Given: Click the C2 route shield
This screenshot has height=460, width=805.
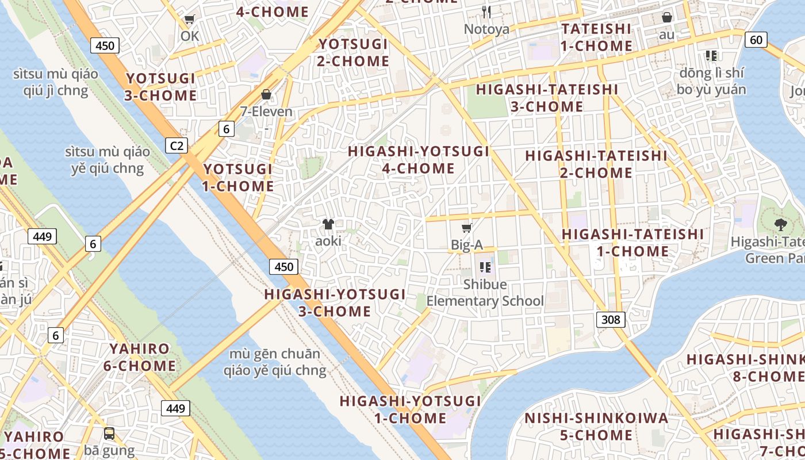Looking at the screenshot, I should [x=177, y=145].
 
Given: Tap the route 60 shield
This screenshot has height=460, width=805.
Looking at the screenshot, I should [x=756, y=40].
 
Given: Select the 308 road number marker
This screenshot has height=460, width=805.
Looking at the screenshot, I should [x=610, y=319].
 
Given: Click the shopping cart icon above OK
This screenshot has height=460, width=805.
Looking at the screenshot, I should [x=189, y=20].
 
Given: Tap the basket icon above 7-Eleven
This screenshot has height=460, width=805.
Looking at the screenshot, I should [x=266, y=94].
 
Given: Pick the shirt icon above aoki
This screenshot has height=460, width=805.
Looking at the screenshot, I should [x=328, y=224].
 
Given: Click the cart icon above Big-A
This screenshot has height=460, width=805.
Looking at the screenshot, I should [x=467, y=228].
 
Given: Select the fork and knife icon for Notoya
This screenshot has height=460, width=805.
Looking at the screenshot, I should [x=486, y=11].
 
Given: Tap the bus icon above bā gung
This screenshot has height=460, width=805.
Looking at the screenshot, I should [x=109, y=434].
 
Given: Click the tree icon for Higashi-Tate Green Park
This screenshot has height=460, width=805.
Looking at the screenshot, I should [x=780, y=225].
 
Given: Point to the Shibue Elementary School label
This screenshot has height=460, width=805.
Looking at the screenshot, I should [x=485, y=293].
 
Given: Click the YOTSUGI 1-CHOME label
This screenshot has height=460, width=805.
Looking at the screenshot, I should [x=237, y=178].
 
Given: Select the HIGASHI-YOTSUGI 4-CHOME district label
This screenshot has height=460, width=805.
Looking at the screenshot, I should [x=419, y=160].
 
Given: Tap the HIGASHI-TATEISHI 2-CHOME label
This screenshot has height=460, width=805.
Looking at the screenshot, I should [x=596, y=164].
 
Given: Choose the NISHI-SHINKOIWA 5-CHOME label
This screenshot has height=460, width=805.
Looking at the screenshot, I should [x=596, y=426].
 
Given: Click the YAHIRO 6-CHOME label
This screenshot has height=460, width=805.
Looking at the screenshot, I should [x=140, y=357].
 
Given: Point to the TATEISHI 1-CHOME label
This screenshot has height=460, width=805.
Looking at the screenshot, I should [x=596, y=37].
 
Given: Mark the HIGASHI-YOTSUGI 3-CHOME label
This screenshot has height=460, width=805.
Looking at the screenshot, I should [x=335, y=303].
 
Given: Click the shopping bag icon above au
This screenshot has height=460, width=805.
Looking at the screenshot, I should [x=667, y=18].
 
